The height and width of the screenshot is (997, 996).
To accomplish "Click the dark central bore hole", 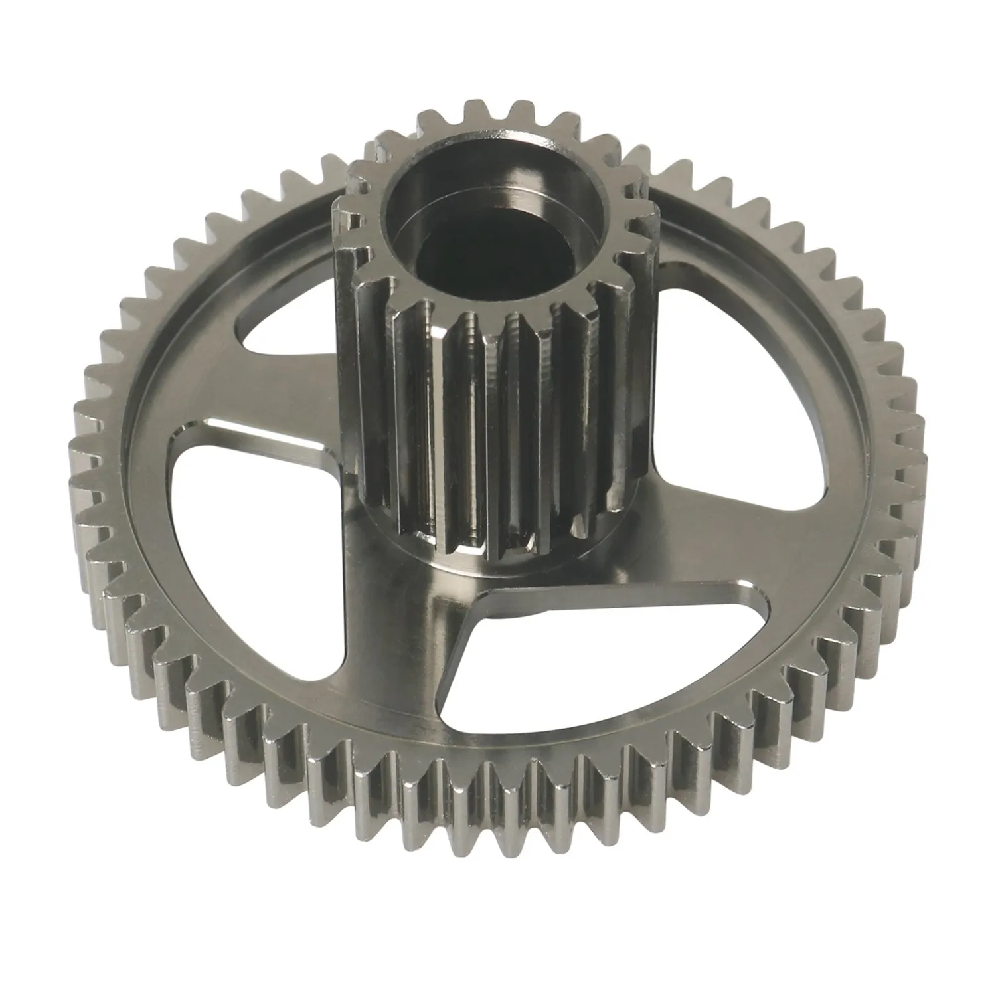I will [491, 256].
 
